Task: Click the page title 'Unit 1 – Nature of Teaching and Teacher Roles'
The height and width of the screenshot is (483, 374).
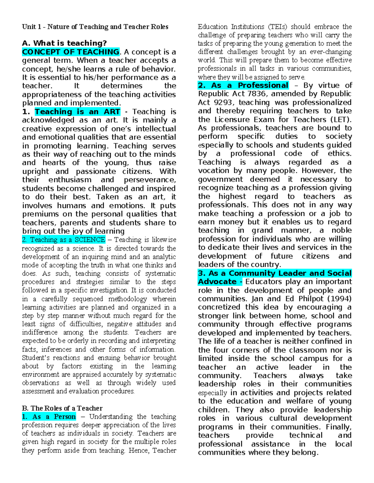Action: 95,27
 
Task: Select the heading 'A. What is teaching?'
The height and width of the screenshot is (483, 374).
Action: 65,43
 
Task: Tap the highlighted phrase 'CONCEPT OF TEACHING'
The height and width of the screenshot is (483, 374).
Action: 71,52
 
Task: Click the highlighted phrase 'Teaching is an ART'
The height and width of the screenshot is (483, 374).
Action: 77,112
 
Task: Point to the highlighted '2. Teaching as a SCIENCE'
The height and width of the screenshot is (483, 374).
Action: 64,240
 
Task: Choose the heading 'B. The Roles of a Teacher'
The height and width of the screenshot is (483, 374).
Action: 62,408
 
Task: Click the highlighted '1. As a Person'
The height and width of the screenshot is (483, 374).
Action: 49,417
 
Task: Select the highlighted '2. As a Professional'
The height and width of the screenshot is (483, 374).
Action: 243,86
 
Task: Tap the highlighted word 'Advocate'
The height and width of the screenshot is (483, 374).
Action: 218,282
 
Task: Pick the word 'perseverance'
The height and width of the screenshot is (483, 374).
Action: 150,180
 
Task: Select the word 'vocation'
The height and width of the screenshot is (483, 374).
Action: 213,171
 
